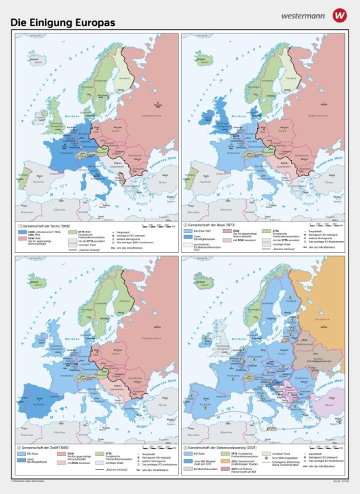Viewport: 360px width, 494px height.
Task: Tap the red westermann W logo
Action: pyautogui.click(x=339, y=14)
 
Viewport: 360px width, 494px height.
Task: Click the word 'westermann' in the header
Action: pyautogui.click(x=303, y=14)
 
